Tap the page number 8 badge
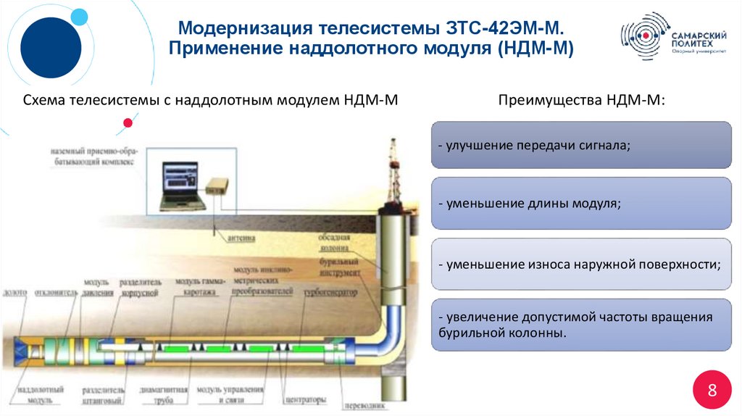pos(712,391)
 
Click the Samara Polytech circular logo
pos(641,37)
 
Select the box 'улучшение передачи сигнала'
pos(581,146)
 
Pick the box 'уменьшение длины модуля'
pos(581,204)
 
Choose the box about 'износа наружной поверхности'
pos(581,265)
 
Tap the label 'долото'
pos(14,292)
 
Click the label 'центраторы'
pos(305,399)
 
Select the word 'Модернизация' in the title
pos(238,30)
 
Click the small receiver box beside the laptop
pos(216,185)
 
